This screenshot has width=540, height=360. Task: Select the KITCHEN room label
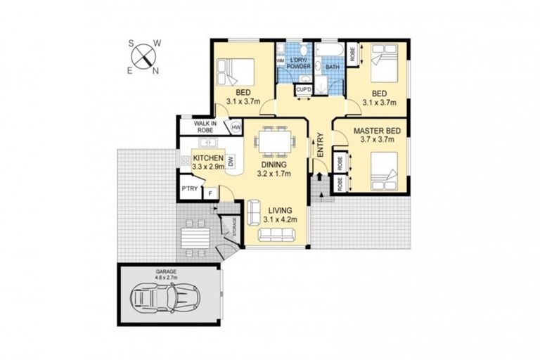tap(208, 159)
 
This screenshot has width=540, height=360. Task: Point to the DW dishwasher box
tap(231, 161)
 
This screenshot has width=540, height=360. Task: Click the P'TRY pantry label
tap(188, 189)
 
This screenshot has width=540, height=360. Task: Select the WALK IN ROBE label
tap(198, 127)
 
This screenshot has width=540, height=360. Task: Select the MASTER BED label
tap(377, 131)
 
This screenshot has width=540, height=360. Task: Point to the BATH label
tap(332, 67)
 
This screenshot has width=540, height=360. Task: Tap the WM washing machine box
tap(280, 61)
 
